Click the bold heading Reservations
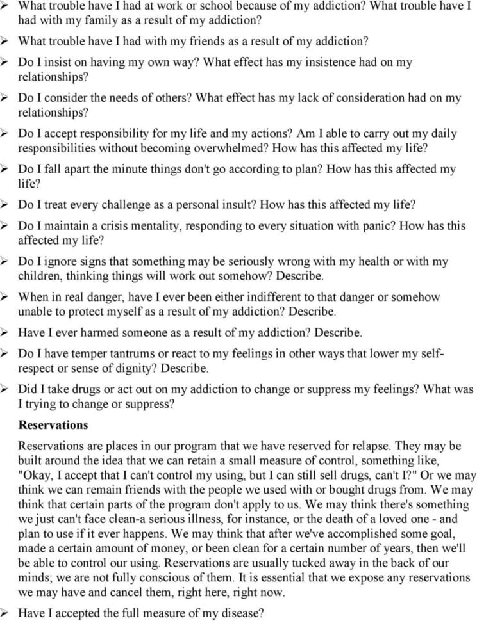(x=53, y=424)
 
